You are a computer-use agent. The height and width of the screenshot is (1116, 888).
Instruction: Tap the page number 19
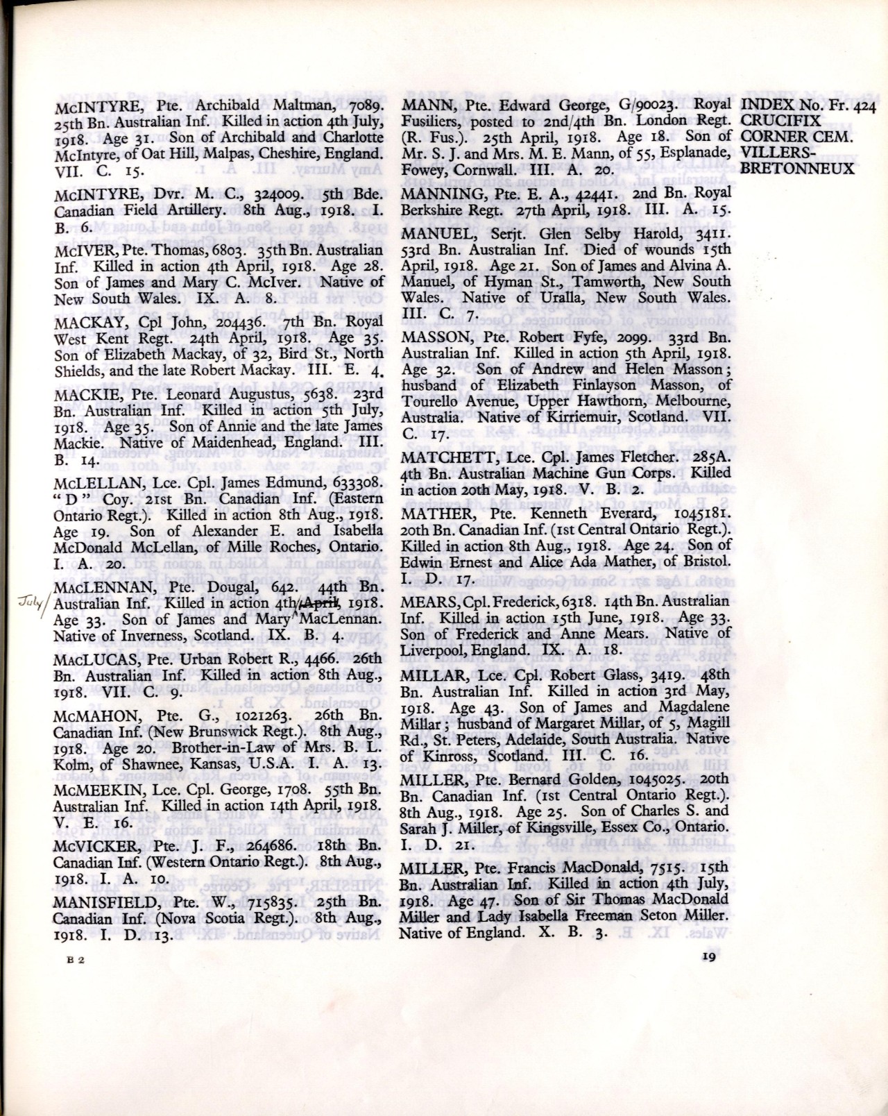(x=708, y=957)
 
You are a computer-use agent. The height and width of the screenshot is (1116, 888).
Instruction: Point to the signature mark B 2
(x=75, y=961)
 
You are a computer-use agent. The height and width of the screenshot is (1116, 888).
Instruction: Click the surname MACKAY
(x=82, y=322)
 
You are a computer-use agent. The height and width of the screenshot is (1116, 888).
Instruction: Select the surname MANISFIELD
(x=96, y=904)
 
